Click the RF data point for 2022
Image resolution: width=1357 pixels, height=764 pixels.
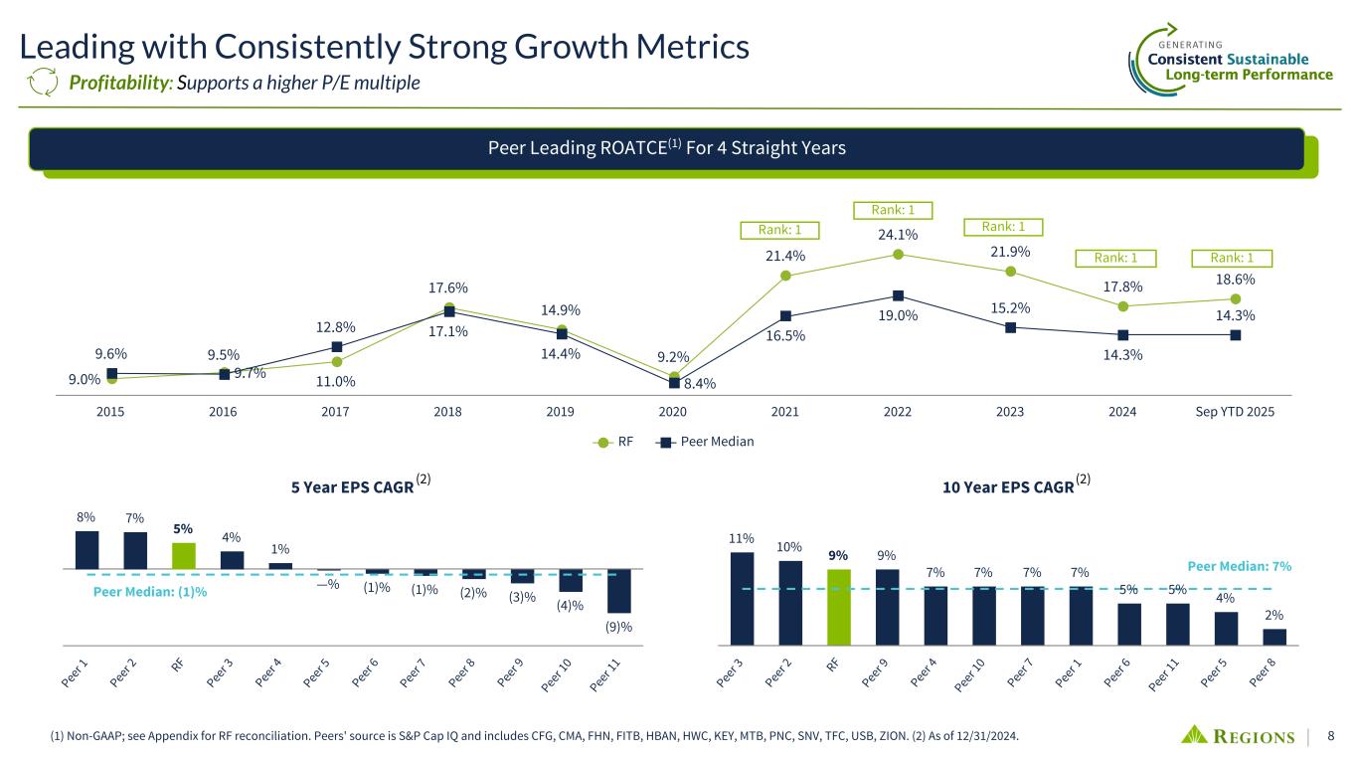click(x=898, y=254)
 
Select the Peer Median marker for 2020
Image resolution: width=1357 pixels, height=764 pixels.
click(x=673, y=382)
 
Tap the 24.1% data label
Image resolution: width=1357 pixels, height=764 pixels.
click(x=897, y=235)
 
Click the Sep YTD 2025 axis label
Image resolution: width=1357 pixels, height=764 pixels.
click(x=1235, y=412)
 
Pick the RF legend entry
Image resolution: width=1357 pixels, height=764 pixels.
click(x=616, y=442)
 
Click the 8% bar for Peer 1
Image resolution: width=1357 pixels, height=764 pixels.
click(x=87, y=549)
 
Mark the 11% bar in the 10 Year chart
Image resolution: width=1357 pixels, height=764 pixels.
click(x=742, y=598)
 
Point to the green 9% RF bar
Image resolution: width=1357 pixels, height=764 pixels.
click(x=839, y=606)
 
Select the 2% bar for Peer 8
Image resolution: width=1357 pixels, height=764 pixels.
click(x=1274, y=637)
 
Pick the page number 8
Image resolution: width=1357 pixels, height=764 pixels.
click(x=1330, y=736)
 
